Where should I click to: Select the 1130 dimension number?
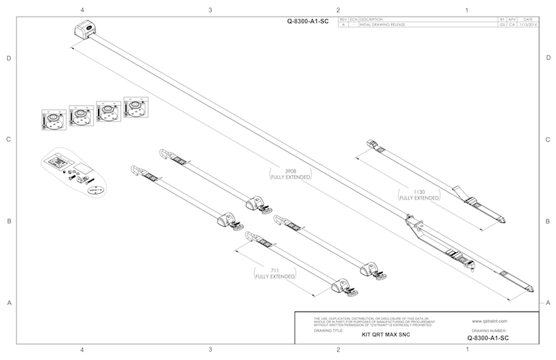(419, 191)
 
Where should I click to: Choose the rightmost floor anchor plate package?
(135, 108)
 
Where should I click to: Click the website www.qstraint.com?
(491, 322)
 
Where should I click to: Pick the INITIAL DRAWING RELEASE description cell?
(383, 25)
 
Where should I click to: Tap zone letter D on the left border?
(8, 58)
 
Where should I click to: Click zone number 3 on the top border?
(210, 10)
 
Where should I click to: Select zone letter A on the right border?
(548, 302)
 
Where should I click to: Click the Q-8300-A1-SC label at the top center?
(308, 22)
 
